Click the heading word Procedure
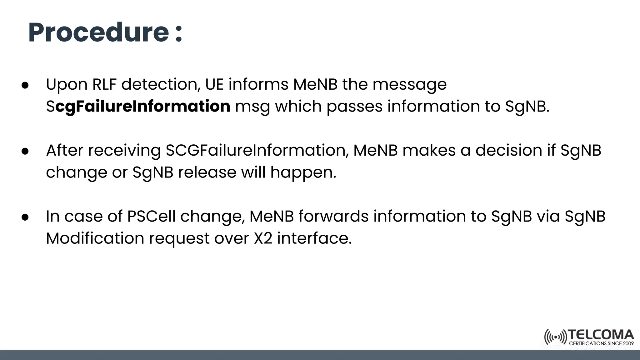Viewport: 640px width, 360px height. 98,33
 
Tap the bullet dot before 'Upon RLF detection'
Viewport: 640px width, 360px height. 25,85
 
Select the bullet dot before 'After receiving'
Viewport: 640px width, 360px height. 25,151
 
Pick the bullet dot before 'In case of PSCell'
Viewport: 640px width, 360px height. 25,217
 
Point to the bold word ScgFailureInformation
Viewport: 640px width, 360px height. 138,107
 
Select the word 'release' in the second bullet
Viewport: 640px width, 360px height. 207,172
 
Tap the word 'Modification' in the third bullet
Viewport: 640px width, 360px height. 95,238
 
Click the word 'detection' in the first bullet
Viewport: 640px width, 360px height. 161,84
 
